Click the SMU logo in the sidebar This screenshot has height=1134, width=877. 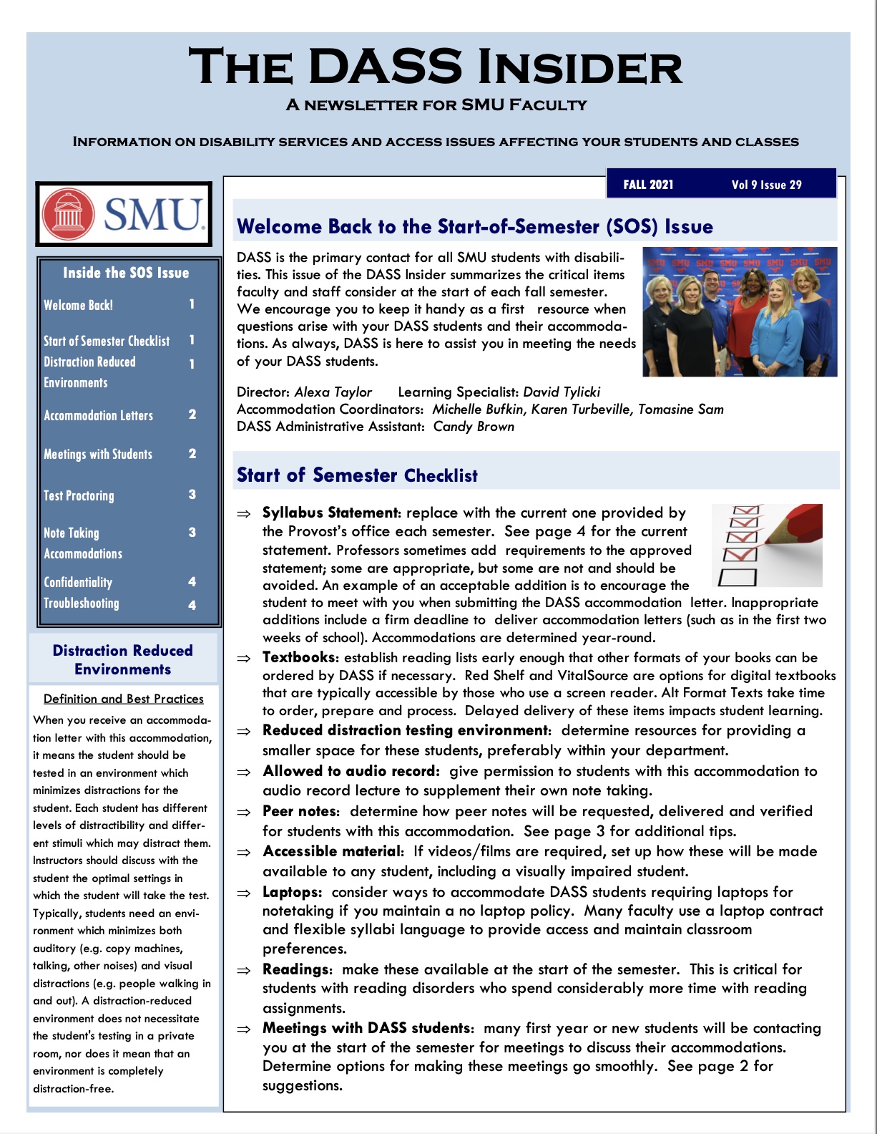coord(124,214)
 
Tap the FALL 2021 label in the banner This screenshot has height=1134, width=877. coord(648,185)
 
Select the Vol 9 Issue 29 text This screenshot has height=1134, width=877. coord(766,185)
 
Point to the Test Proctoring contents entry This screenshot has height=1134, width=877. coord(79,495)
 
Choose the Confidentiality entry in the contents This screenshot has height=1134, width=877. coord(78,582)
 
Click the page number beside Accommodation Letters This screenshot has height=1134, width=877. coord(192,415)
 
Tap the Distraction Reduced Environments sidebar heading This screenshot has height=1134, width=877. coord(123,659)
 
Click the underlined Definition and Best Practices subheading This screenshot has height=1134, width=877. coord(123,699)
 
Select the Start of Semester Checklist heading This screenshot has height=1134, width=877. coord(357,475)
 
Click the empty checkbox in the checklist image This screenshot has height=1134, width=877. coord(737,576)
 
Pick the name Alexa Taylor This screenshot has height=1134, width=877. coord(333,392)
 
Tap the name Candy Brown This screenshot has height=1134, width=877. coord(474,426)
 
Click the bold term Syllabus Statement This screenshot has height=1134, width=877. coord(330,513)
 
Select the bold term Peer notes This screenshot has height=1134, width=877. coord(300,811)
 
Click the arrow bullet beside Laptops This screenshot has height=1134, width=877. coord(245,893)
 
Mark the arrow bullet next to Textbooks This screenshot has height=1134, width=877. coord(245,658)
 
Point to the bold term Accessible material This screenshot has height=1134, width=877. coord(332,851)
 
